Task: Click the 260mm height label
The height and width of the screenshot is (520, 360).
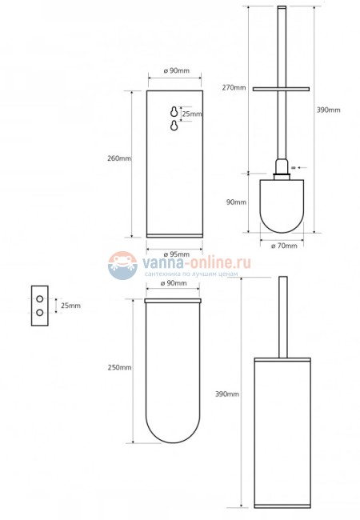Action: pyautogui.click(x=118, y=158)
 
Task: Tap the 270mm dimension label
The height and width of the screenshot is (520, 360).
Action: pyautogui.click(x=235, y=87)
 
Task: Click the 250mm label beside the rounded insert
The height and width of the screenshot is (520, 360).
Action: pyautogui.click(x=119, y=367)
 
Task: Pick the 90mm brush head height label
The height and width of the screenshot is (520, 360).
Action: pyautogui.click(x=236, y=202)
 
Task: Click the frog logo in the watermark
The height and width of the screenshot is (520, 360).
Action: pyautogui.click(x=122, y=265)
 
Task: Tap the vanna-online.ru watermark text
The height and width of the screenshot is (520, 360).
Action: pyautogui.click(x=196, y=262)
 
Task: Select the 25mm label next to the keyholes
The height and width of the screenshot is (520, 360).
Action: pyautogui.click(x=192, y=114)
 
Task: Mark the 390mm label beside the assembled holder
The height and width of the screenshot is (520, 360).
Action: pyautogui.click(x=228, y=394)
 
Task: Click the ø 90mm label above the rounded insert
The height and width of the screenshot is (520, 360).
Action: pyautogui.click(x=174, y=284)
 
